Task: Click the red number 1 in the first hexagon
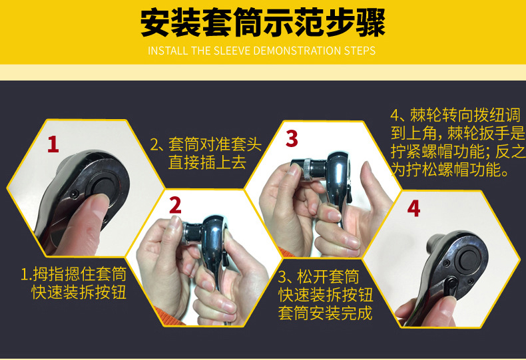tap(53, 143)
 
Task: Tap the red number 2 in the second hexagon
tap(175, 205)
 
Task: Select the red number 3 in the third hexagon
tap(292, 139)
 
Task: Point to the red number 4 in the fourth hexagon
tap(413, 208)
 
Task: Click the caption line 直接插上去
tap(205, 162)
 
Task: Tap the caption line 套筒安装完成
tap(325, 313)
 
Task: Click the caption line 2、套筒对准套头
tap(205, 144)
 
